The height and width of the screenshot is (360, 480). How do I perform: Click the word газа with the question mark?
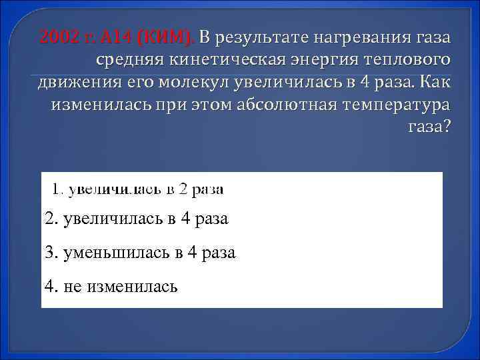(427, 129)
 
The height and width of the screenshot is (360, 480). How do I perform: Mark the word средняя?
(129, 60)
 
